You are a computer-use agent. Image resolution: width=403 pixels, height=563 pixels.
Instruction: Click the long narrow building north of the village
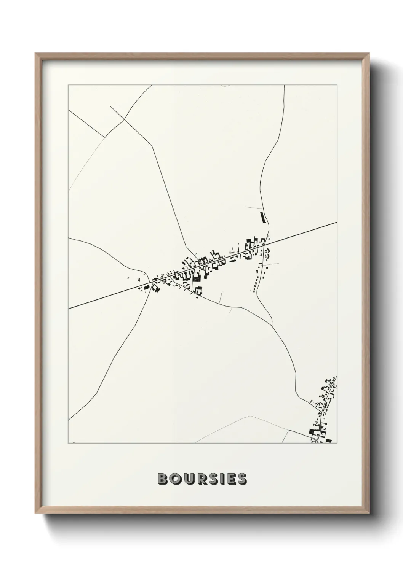click(x=262, y=217)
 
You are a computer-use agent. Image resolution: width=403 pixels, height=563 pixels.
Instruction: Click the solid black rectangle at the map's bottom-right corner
click(x=328, y=441)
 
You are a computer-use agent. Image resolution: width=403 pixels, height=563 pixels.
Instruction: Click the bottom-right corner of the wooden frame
click(x=368, y=513)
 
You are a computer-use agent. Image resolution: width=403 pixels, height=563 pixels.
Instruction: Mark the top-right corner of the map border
click(x=337, y=85)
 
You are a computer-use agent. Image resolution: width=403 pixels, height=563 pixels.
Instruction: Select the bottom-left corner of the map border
click(x=68, y=443)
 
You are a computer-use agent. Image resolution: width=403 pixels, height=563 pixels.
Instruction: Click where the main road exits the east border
click(x=337, y=222)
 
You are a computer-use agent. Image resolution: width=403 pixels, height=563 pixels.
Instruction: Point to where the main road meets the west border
click(x=68, y=309)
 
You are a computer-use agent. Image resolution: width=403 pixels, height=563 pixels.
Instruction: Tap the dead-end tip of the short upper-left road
click(x=110, y=106)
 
